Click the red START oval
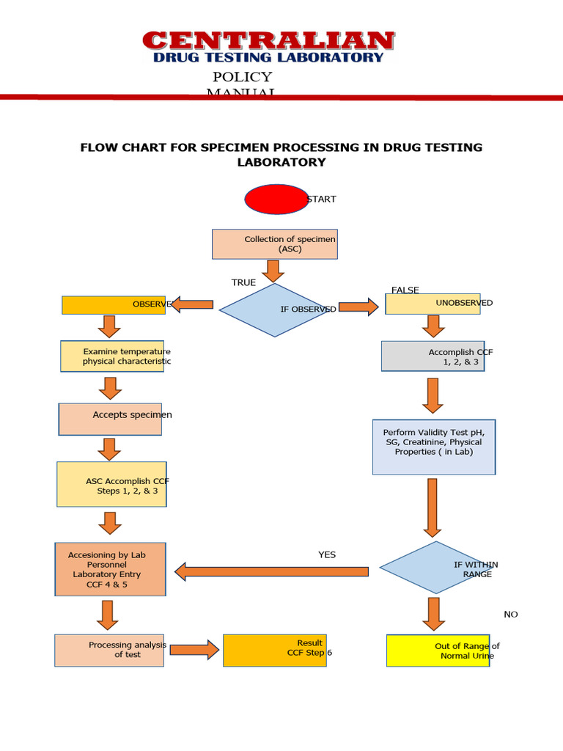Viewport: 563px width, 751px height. tap(276, 199)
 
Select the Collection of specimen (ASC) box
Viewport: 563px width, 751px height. tap(275, 244)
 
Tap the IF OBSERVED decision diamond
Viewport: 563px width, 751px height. tap(275, 309)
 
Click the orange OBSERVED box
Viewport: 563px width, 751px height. tap(114, 304)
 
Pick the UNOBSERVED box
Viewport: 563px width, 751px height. tap(433, 304)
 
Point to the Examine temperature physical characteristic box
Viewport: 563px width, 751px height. tap(112, 356)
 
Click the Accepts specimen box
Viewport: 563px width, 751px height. tap(110, 419)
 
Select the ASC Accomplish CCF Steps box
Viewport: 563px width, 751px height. tap(111, 484)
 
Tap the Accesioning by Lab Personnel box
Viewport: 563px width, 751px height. tap(110, 569)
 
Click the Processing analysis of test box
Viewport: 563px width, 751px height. tap(109, 650)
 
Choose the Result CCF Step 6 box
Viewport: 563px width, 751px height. tap(274, 650)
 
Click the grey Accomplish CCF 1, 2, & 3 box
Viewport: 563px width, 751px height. tap(433, 356)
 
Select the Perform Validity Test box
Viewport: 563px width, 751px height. tap(434, 447)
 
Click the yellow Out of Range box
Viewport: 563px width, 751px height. tap(438, 651)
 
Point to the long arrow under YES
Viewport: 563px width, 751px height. tap(271, 571)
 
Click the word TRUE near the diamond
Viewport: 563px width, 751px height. tap(243, 282)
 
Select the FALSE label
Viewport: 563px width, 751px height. tap(405, 290)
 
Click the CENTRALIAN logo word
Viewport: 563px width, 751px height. tap(268, 40)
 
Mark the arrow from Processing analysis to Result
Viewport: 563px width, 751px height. tap(194, 650)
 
